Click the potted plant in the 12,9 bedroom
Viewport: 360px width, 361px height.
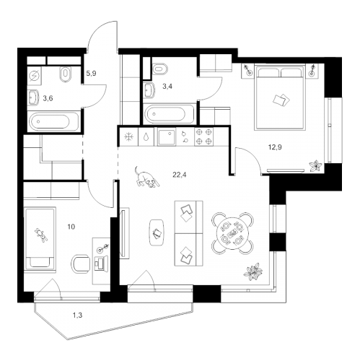314,165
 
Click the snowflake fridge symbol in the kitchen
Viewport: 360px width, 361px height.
129,137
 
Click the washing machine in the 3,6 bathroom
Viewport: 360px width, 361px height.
35,74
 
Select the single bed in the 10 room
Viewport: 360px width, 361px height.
41,236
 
